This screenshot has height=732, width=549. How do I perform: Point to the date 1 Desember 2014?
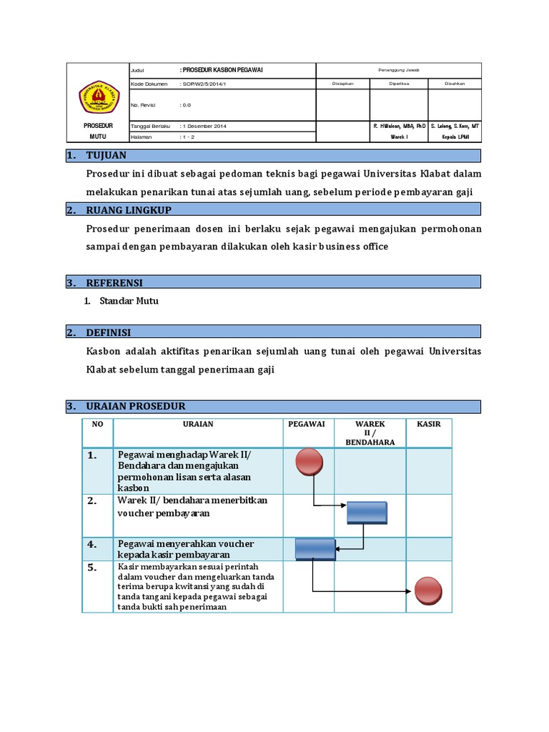coord(206,126)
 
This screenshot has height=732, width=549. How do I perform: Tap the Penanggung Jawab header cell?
coord(398,70)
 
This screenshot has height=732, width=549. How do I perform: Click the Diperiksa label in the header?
coord(398,84)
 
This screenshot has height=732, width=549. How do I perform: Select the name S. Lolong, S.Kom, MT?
coord(455,126)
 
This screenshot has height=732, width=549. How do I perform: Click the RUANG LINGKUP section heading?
coord(129,209)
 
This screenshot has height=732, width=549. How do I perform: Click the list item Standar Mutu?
coord(129,301)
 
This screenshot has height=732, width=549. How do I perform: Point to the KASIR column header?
coord(429,424)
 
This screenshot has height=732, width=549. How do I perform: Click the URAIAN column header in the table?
coord(197,424)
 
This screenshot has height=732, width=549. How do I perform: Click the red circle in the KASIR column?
coord(428,591)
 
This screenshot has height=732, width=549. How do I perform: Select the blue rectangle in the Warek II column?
coord(367,513)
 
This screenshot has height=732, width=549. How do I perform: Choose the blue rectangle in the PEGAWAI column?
coord(315,548)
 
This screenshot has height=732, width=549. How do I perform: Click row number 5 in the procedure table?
coord(91,568)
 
